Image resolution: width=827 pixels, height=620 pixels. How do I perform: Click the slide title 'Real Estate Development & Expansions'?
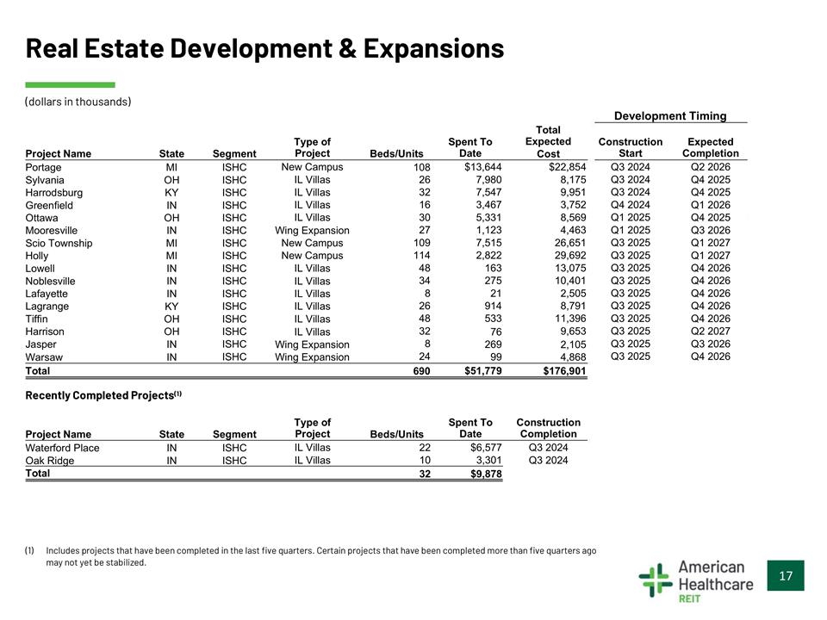pyautogui.click(x=264, y=48)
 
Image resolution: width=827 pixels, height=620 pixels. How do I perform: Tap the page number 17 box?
pyautogui.click(x=785, y=575)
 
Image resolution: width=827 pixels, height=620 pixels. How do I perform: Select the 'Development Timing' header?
pyautogui.click(x=669, y=116)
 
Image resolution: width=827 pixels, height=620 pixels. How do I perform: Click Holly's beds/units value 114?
pyautogui.click(x=420, y=256)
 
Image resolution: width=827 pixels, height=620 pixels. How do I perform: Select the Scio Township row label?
pyautogui.click(x=59, y=243)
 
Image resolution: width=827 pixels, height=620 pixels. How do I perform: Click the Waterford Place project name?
pyautogui.click(x=62, y=448)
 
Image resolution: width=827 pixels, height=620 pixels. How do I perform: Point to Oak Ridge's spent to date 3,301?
pyautogui.click(x=485, y=461)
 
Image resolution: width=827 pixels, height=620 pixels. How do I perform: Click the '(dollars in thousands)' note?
pyautogui.click(x=78, y=102)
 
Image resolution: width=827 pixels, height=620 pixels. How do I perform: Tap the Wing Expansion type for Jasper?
pyautogui.click(x=312, y=344)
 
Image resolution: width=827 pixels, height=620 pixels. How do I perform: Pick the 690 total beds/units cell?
pyautogui.click(x=420, y=371)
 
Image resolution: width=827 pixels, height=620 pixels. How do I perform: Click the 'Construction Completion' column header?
pyautogui.click(x=548, y=428)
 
